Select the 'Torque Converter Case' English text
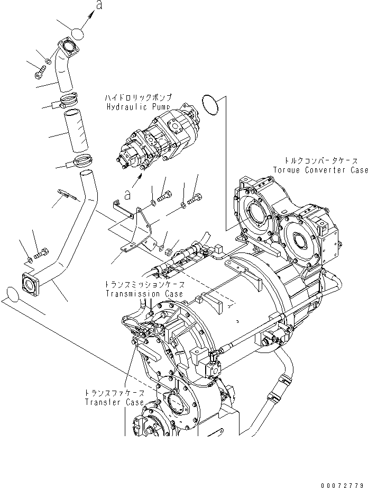320,170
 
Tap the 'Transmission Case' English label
144,293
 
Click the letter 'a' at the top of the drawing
99,6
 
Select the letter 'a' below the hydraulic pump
127,195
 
